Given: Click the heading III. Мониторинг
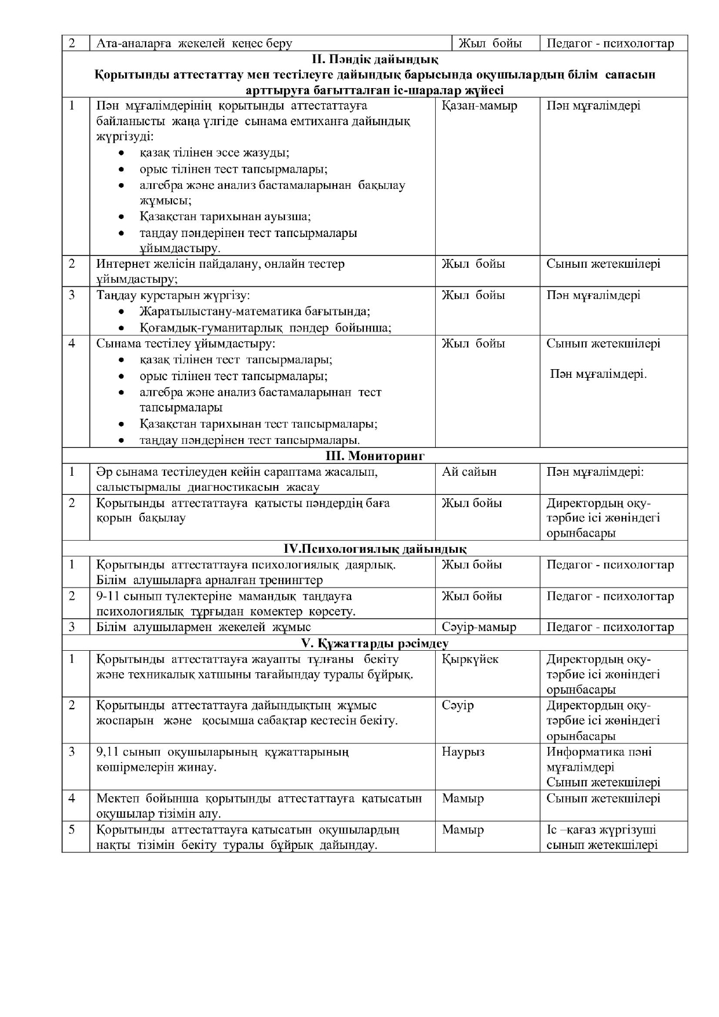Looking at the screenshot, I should [x=375, y=456].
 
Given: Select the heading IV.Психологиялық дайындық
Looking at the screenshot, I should [x=375, y=549].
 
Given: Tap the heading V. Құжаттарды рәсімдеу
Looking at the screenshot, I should [x=375, y=643].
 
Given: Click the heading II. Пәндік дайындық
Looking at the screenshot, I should [x=375, y=59].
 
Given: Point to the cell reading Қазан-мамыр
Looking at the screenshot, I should [x=479, y=106].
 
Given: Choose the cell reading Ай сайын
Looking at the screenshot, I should [x=469, y=472].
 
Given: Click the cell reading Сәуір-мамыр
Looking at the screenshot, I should [x=479, y=628].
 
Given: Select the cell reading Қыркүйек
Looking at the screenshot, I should [x=470, y=659].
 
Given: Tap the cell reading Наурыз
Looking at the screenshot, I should [x=463, y=752].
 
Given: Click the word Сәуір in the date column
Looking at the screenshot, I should [x=458, y=706].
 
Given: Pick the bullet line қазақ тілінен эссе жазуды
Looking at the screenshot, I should [x=214, y=153].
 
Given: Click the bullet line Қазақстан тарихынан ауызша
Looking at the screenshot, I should [x=225, y=217].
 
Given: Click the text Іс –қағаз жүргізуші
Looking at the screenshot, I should [x=601, y=830].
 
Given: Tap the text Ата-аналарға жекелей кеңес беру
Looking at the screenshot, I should [x=194, y=43].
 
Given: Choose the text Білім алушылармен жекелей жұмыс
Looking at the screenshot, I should [x=203, y=628].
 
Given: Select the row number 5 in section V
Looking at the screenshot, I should [x=72, y=830].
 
